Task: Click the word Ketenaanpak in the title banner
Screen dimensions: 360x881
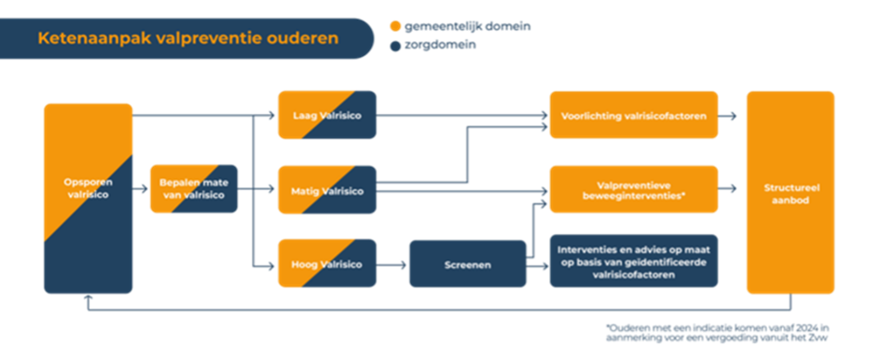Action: pos(89,39)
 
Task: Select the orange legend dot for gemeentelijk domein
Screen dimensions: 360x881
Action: pos(395,26)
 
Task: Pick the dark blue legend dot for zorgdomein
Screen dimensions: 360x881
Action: pos(395,44)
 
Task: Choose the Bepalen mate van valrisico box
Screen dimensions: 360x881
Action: pos(194,189)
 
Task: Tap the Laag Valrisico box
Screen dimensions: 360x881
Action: pos(326,116)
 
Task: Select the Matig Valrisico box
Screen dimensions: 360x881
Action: pos(326,189)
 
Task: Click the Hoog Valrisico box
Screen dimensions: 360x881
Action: pos(326,264)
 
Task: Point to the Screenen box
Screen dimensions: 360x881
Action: pos(467,264)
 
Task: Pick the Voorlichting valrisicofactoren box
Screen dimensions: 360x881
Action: pos(633,116)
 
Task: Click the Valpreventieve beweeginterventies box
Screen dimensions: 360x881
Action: pos(633,189)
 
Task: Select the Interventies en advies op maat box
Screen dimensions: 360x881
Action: pos(633,261)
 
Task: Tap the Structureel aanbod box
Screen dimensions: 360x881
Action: pos(790,193)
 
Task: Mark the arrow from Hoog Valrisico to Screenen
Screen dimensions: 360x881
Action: pos(392,264)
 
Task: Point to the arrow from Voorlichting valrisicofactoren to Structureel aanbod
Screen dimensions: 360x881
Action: pos(730,116)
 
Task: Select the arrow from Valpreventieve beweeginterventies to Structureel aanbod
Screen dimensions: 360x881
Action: pos(730,189)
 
